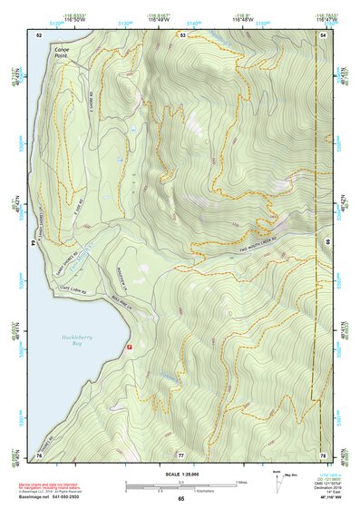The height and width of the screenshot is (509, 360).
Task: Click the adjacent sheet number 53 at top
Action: point(181,34)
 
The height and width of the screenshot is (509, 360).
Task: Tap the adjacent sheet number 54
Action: point(324,34)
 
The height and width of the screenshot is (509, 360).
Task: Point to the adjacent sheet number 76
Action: point(39,454)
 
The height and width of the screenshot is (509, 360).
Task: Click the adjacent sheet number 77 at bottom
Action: point(180,454)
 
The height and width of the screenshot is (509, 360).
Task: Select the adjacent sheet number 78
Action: point(324,454)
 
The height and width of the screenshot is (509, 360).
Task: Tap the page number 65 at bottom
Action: point(180,498)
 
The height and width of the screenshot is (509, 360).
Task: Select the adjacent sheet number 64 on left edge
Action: point(37,243)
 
